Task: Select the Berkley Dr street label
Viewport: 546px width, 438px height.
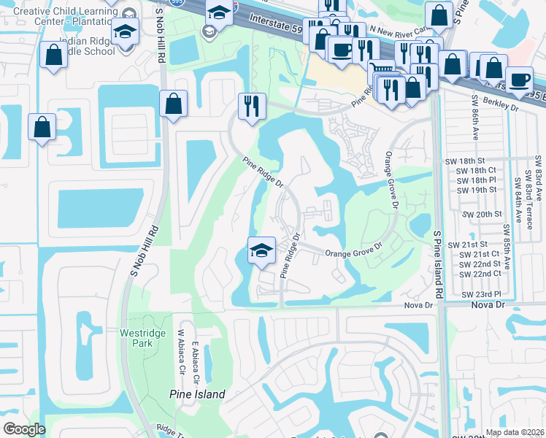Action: point(501,107)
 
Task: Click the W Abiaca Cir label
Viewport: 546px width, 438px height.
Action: point(181,352)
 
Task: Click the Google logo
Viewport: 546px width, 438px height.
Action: point(24,429)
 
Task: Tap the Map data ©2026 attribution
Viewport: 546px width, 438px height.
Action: point(515,432)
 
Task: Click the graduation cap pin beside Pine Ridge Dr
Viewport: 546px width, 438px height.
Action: point(261,249)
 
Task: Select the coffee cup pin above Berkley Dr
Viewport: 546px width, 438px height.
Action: point(519,79)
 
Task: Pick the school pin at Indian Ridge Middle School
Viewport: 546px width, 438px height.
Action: point(126,31)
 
